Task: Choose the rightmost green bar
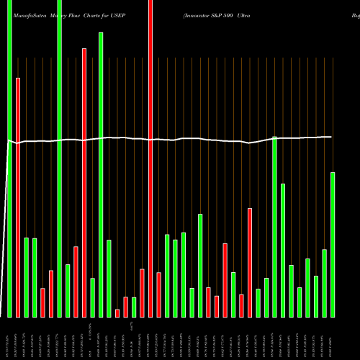[x=333, y=245]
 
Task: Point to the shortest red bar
[x=117, y=313]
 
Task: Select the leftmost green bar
[x=10, y=158]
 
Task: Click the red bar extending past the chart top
[x=150, y=158]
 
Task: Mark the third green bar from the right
[x=316, y=296]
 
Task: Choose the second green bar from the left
[x=27, y=277]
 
